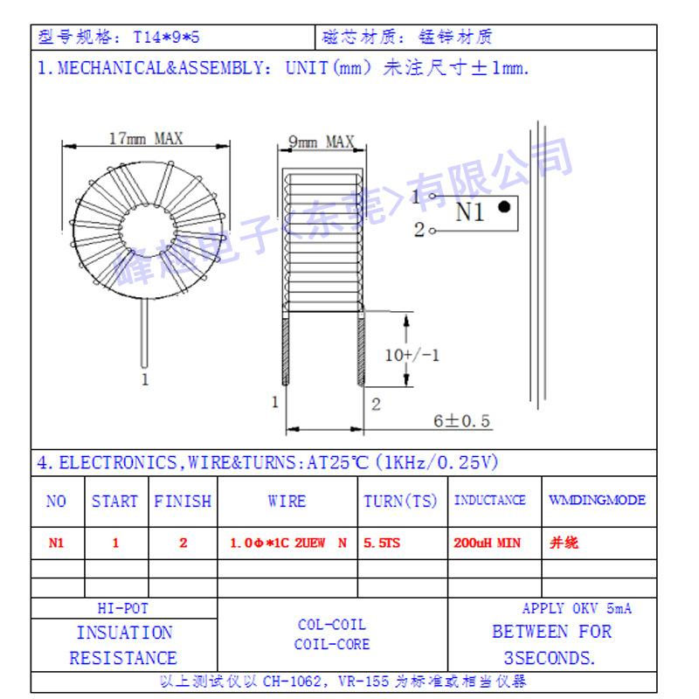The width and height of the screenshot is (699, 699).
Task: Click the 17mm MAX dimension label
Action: click(x=146, y=139)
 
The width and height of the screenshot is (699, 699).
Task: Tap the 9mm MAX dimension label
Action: click(x=321, y=142)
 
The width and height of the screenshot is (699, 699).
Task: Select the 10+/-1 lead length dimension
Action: click(x=412, y=356)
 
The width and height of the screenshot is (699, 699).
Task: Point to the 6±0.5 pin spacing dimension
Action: click(x=462, y=421)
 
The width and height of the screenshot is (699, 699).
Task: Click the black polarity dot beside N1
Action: click(x=504, y=207)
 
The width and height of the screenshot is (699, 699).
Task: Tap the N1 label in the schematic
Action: click(x=470, y=211)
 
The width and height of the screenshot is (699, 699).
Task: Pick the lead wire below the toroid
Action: click(x=144, y=333)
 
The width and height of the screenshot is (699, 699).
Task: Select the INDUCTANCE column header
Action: click(x=490, y=500)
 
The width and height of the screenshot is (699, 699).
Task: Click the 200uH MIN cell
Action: click(x=488, y=543)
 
